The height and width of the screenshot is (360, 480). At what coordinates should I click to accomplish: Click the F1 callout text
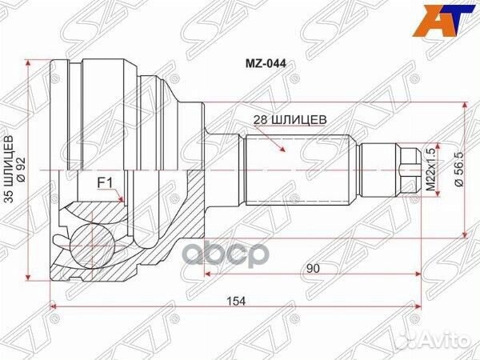click(x=104, y=182)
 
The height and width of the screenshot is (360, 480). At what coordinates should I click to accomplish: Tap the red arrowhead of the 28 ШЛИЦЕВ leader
click(x=284, y=150)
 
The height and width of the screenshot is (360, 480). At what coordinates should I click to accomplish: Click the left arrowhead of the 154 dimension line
click(x=53, y=308)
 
